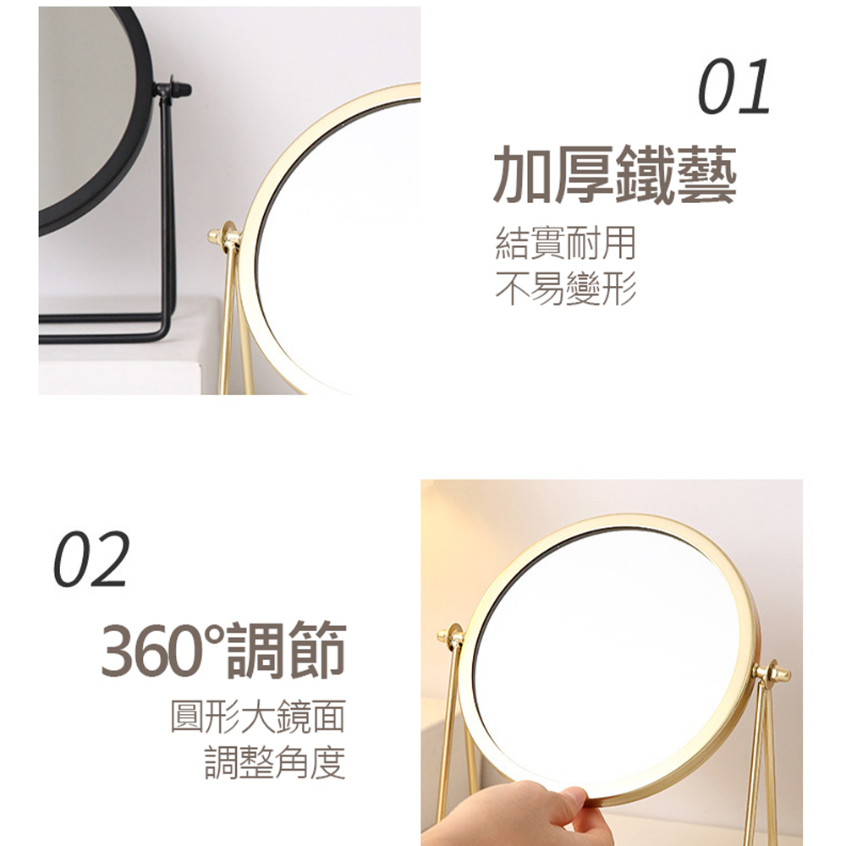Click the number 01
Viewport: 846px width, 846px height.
click(733, 86)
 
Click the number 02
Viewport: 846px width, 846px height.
click(91, 558)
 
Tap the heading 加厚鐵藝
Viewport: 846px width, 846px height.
click(615, 174)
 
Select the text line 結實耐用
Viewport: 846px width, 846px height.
click(565, 244)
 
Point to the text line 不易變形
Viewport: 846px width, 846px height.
click(565, 288)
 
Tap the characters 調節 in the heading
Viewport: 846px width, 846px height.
click(285, 650)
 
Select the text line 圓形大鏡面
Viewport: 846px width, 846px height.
click(258, 716)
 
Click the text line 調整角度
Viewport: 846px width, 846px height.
click(275, 762)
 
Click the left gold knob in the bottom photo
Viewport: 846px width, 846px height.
click(451, 635)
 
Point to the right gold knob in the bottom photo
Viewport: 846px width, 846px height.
click(772, 673)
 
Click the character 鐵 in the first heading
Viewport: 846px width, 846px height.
click(645, 174)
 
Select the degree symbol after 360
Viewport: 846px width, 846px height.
click(215, 634)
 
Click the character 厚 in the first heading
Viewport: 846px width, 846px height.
click(585, 174)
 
